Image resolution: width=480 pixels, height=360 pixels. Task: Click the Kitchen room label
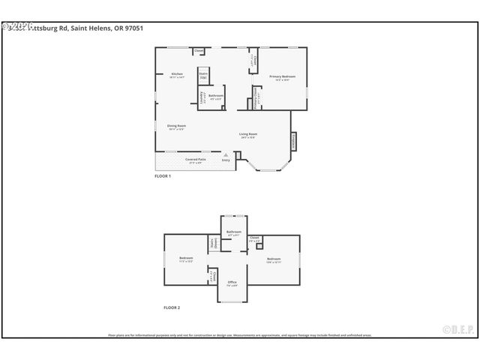pos(177,75)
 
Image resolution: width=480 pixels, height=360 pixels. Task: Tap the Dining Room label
pos(176,127)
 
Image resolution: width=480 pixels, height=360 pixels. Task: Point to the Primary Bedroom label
pos(283,77)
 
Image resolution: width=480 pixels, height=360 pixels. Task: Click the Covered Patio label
pos(196,160)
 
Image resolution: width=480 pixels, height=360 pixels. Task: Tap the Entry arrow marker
pos(225,155)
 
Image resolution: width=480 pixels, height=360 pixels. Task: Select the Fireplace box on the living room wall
pos(292,139)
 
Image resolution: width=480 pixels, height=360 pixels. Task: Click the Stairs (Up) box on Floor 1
pos(203,76)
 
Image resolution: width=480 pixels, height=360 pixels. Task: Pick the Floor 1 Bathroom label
pos(216,96)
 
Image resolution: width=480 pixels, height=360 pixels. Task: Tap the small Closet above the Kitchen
pos(199,51)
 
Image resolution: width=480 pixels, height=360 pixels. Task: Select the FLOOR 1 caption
pos(163,175)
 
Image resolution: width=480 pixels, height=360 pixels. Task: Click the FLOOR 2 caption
pos(172,307)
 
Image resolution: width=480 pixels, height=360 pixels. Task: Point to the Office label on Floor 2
pos(232,283)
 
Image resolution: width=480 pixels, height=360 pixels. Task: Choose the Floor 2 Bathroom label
pos(234,233)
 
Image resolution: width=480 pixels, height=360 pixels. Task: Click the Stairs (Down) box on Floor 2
pos(213,243)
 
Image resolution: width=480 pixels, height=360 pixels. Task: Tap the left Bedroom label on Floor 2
pos(186,259)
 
